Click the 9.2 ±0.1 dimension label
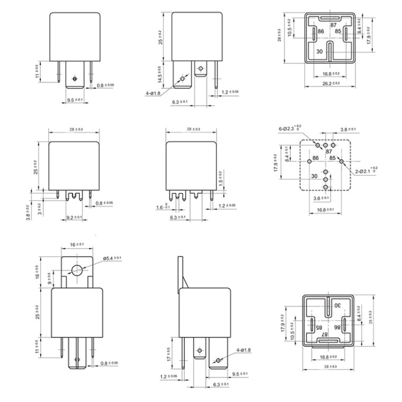point(73,217)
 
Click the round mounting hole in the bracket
point(76,270)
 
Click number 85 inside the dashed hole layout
point(332,159)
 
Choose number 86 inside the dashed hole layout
point(316,158)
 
